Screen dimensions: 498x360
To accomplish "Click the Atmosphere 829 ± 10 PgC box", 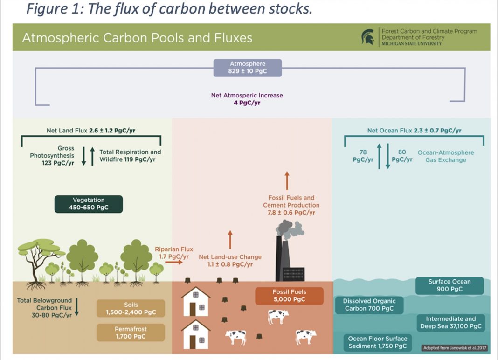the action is (x=248, y=68).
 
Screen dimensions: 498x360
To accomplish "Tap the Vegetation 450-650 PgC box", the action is (x=89, y=204).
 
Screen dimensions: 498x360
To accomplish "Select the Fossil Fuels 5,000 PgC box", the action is (x=290, y=296).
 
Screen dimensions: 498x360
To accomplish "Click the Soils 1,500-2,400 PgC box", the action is (x=131, y=309).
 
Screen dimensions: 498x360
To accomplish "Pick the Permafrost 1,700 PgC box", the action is (x=131, y=332).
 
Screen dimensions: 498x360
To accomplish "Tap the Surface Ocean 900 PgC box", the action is (x=450, y=286).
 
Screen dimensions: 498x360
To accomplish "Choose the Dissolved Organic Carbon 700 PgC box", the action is (x=369, y=305).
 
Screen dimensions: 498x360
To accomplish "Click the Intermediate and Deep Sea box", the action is (x=451, y=323).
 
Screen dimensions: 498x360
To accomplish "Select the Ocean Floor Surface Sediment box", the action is (x=378, y=343).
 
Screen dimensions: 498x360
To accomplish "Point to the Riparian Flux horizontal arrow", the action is (x=174, y=262).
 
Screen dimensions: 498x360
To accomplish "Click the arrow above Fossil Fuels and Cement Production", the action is (x=287, y=181).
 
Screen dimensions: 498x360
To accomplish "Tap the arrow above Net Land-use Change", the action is (x=230, y=240).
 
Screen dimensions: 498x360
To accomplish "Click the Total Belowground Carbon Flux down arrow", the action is (x=76, y=307).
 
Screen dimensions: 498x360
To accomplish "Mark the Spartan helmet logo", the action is (x=368, y=37).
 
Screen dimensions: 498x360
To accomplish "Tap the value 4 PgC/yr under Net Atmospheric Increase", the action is (x=247, y=103).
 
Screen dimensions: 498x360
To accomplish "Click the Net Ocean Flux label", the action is (x=414, y=130).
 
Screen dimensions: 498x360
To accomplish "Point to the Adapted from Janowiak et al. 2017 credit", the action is (x=455, y=348).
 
